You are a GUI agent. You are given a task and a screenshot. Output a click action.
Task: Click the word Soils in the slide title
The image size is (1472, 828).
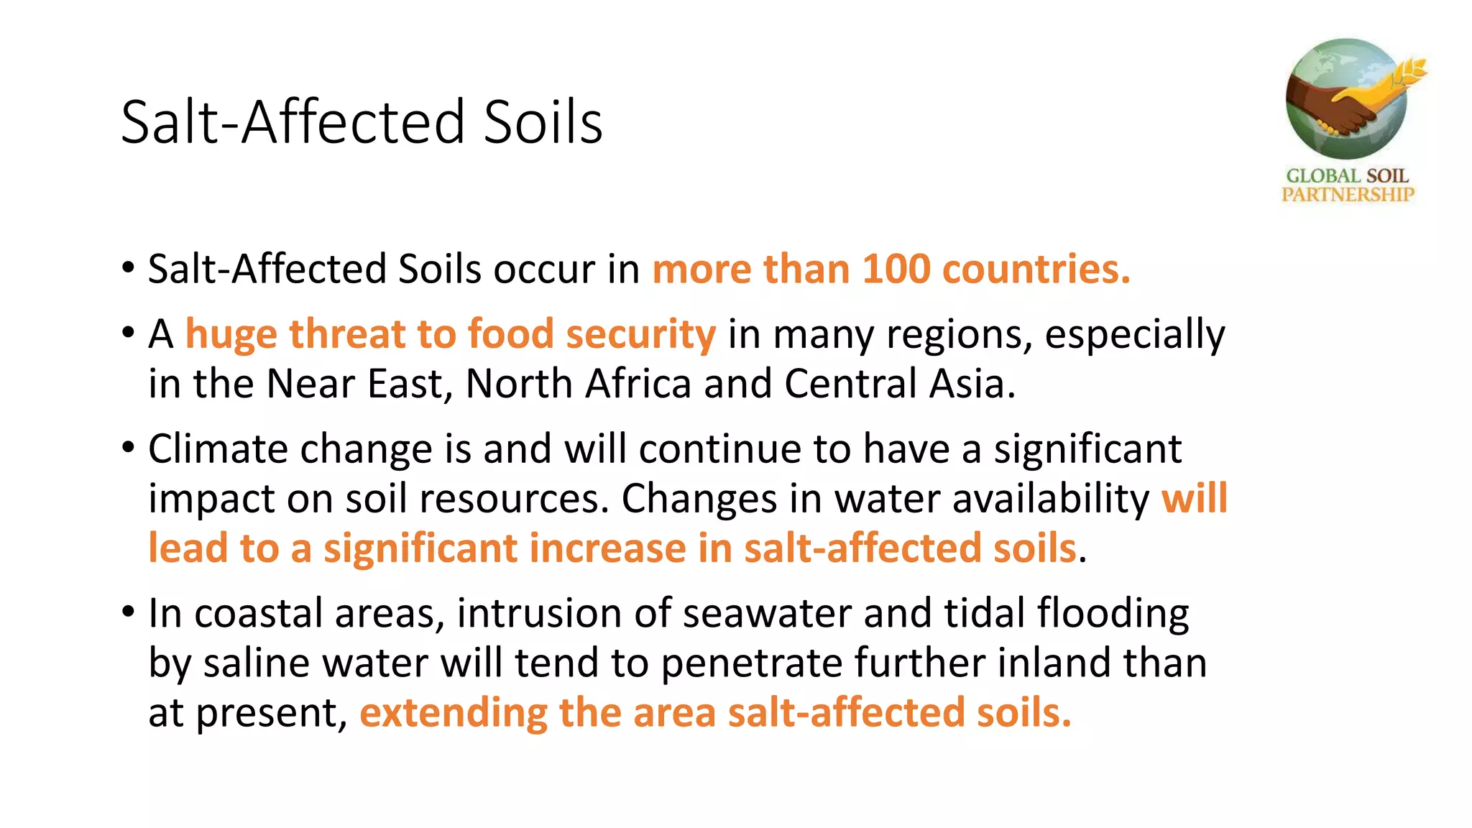543,122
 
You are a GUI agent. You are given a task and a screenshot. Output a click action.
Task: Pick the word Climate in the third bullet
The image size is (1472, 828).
218,449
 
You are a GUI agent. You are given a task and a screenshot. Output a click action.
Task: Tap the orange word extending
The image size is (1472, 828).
453,714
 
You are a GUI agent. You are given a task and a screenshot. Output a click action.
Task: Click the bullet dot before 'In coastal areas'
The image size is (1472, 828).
129,612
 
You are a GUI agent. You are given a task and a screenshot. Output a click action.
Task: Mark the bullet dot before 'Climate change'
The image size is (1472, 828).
129,448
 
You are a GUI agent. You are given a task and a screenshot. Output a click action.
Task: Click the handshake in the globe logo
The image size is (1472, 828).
1340,108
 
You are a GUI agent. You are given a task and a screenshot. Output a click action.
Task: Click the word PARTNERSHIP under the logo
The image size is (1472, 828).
1348,194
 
